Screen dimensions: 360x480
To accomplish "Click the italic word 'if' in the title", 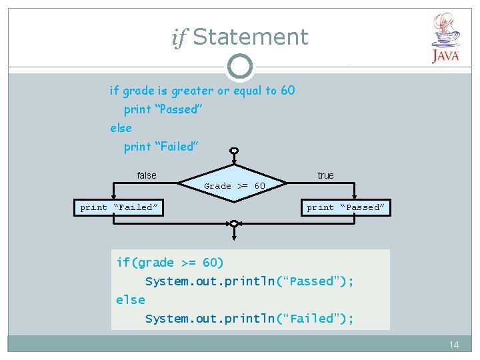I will pyautogui.click(x=178, y=38).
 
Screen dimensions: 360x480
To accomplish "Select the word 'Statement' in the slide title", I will pyautogui.click(x=250, y=37).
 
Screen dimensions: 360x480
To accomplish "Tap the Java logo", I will pyautogui.click(x=445, y=39).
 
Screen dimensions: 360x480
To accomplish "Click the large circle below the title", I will pyautogui.click(x=240, y=66).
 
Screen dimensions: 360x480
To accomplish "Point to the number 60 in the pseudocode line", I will pyautogui.click(x=287, y=91).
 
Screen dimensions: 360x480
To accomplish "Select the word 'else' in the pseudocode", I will pyautogui.click(x=121, y=128).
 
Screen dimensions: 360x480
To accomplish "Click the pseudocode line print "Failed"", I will pyautogui.click(x=161, y=147).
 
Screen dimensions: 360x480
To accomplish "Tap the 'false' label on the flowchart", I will pyautogui.click(x=147, y=175).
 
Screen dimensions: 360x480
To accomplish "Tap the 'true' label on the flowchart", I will pyautogui.click(x=325, y=175).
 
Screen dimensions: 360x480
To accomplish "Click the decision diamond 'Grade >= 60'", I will pyautogui.click(x=235, y=185).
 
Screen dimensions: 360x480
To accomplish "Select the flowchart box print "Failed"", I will pyautogui.click(x=119, y=207).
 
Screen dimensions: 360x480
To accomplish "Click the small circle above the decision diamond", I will pyautogui.click(x=234, y=151).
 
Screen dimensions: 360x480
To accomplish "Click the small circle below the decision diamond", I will pyautogui.click(x=234, y=223).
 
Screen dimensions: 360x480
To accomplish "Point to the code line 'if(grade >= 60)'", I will pyautogui.click(x=170, y=263).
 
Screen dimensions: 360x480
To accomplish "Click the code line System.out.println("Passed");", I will pyautogui.click(x=249, y=281).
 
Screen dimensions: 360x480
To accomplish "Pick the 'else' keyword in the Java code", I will pyautogui.click(x=130, y=300).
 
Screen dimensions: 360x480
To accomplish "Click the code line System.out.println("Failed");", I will pyautogui.click(x=249, y=319).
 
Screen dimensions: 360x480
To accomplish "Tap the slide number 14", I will pyautogui.click(x=454, y=345).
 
